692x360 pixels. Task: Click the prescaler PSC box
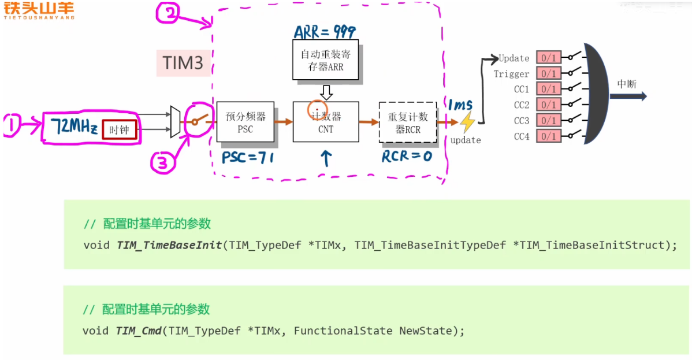245,122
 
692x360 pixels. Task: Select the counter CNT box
326,122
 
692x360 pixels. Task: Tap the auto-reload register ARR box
325,60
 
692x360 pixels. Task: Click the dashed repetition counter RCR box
408,123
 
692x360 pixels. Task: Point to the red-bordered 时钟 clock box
119,130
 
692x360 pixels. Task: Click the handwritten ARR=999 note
325,32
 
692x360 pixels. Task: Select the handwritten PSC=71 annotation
247,158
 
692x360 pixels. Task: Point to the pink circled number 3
163,164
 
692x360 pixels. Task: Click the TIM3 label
183,62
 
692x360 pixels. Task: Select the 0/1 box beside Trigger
548,73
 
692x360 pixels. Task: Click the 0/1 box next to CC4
548,136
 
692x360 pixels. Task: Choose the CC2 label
521,105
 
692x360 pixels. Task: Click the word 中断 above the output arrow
627,84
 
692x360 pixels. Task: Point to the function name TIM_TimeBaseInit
169,245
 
